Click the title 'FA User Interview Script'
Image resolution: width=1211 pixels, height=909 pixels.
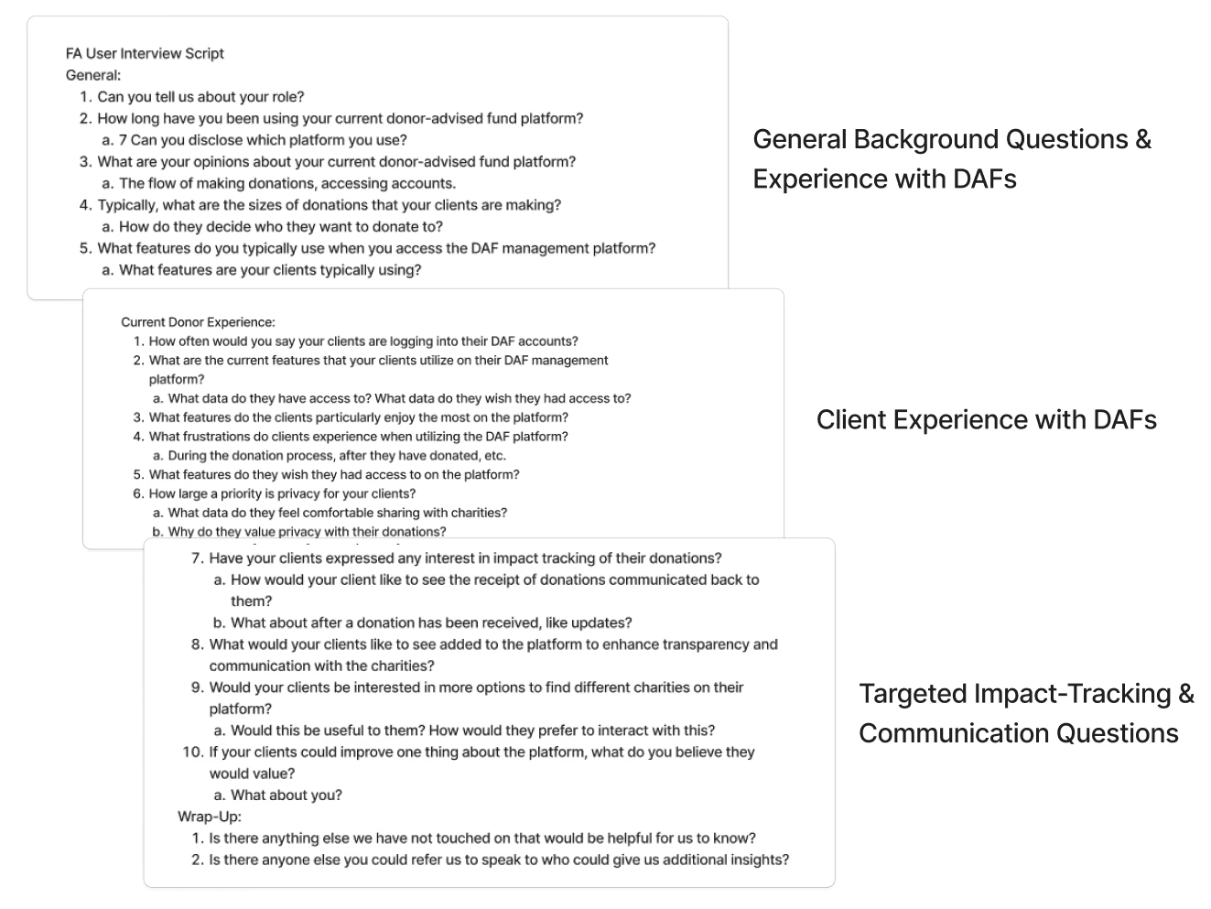[145, 53]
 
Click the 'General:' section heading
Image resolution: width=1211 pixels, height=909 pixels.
[93, 75]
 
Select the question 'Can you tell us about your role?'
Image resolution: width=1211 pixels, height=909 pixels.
[200, 97]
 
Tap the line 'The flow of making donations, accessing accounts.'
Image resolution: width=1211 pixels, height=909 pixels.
[287, 183]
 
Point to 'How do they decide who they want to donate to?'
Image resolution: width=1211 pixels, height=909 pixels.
[280, 226]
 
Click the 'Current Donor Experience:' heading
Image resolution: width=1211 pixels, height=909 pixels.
[198, 322]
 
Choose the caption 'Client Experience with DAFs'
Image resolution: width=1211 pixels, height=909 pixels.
[986, 419]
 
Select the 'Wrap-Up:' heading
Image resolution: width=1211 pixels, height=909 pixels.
[210, 817]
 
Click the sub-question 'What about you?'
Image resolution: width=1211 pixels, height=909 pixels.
[286, 795]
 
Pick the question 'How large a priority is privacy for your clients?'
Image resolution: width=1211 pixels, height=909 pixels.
[282, 493]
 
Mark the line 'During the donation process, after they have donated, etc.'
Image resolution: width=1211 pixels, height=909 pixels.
[337, 455]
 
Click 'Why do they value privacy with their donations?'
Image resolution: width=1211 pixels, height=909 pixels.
[307, 531]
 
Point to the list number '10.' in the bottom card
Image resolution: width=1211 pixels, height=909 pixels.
[192, 752]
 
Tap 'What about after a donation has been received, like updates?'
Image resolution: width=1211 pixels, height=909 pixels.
[431, 622]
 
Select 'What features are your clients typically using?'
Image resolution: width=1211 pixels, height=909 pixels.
[270, 270]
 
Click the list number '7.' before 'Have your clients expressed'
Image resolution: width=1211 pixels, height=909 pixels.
[197, 557]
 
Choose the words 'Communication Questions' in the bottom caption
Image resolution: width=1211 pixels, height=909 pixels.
[1018, 733]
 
